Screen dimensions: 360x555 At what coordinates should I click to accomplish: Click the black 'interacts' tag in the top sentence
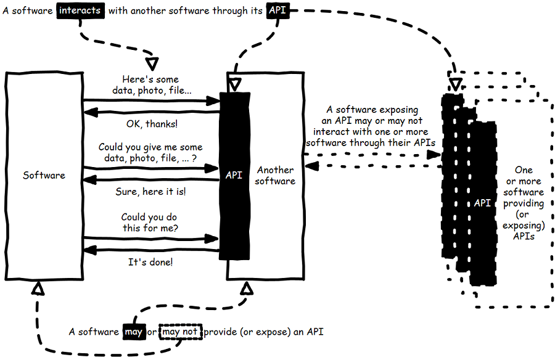pyautogui.click(x=80, y=10)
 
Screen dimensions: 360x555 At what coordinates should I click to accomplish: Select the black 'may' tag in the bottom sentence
pyautogui.click(x=133, y=332)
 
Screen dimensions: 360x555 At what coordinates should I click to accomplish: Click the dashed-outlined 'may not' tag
pyautogui.click(x=180, y=332)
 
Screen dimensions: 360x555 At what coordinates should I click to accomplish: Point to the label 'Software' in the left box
pyautogui.click(x=44, y=175)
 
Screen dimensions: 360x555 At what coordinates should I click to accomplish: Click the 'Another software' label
pyautogui.click(x=275, y=175)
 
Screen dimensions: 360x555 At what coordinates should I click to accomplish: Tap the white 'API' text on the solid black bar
pyautogui.click(x=234, y=175)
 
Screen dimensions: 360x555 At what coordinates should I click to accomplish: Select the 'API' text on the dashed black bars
pyautogui.click(x=482, y=202)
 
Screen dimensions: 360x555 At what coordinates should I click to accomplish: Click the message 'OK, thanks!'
pyautogui.click(x=152, y=124)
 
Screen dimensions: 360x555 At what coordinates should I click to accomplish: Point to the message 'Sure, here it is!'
pyautogui.click(x=151, y=192)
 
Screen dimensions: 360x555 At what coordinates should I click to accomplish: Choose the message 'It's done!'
pyautogui.click(x=150, y=262)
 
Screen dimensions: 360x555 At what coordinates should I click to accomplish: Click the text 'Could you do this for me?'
pyautogui.click(x=150, y=223)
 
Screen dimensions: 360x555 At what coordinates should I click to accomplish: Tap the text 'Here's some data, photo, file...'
pyautogui.click(x=151, y=85)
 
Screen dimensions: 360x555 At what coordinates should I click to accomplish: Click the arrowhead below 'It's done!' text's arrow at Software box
pyautogui.click(x=88, y=249)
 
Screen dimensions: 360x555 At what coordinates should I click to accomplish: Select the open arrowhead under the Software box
pyautogui.click(x=38, y=287)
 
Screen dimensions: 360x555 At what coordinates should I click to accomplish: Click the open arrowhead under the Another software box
pyautogui.click(x=247, y=288)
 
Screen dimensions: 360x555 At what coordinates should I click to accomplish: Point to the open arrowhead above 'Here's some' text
pyautogui.click(x=151, y=63)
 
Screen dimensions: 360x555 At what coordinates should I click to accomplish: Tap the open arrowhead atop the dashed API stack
pyautogui.click(x=455, y=82)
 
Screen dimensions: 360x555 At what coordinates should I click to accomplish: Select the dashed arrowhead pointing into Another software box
pyautogui.click(x=310, y=165)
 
